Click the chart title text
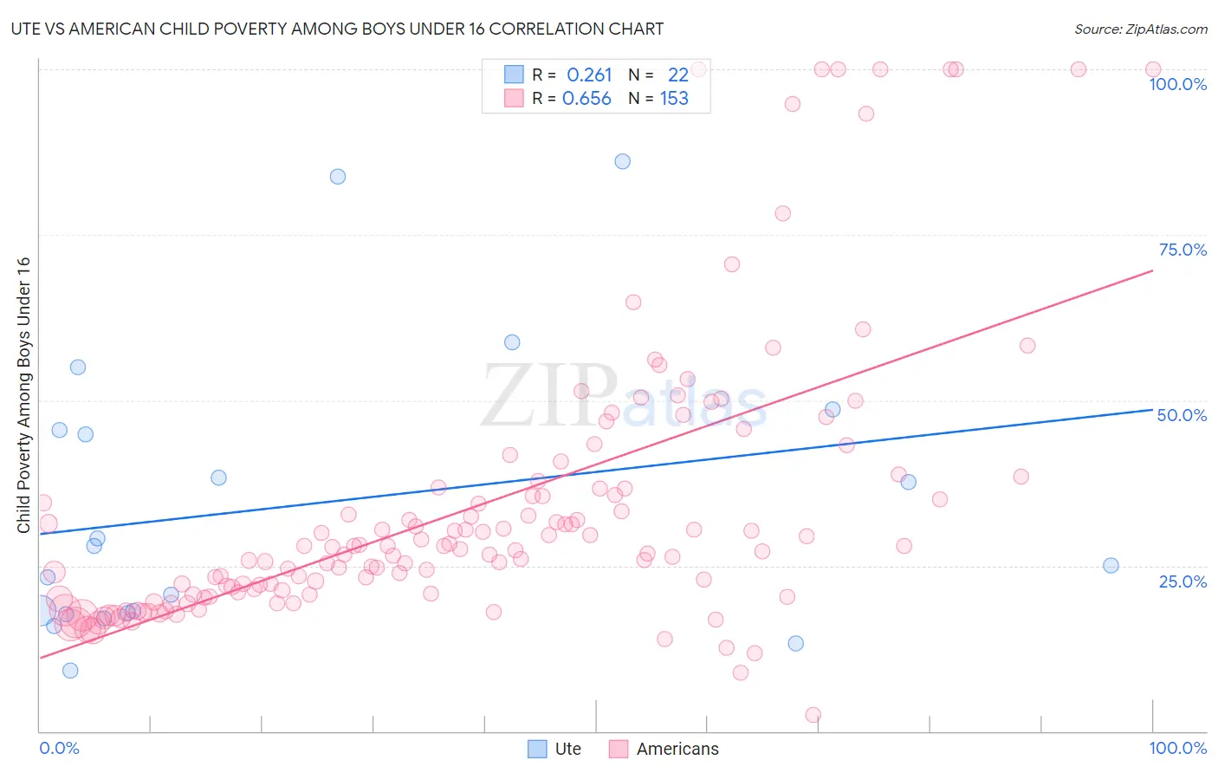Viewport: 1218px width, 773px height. tap(337, 29)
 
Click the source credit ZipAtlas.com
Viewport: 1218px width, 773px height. tap(1140, 29)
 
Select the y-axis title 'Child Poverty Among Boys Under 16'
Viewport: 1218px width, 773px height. tap(24, 395)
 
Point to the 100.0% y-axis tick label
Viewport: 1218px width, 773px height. tap(1177, 84)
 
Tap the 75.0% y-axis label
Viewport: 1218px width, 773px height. tap(1182, 250)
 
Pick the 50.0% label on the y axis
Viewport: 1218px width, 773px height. tap(1182, 415)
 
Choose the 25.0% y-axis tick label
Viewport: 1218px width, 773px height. tap(1182, 581)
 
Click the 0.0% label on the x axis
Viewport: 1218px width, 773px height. tap(59, 748)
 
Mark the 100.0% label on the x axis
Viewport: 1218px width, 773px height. tap(1177, 748)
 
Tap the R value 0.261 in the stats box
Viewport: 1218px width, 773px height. tap(589, 75)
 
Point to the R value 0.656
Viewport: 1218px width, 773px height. tap(586, 99)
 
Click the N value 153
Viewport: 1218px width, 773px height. tap(674, 99)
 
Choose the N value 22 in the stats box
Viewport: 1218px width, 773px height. tap(677, 75)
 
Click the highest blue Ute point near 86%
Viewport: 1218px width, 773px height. tap(622, 161)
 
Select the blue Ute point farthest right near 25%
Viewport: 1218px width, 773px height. tap(1111, 565)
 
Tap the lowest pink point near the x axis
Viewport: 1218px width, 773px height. tap(813, 715)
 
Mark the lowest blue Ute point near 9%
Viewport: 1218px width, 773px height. tap(70, 670)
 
